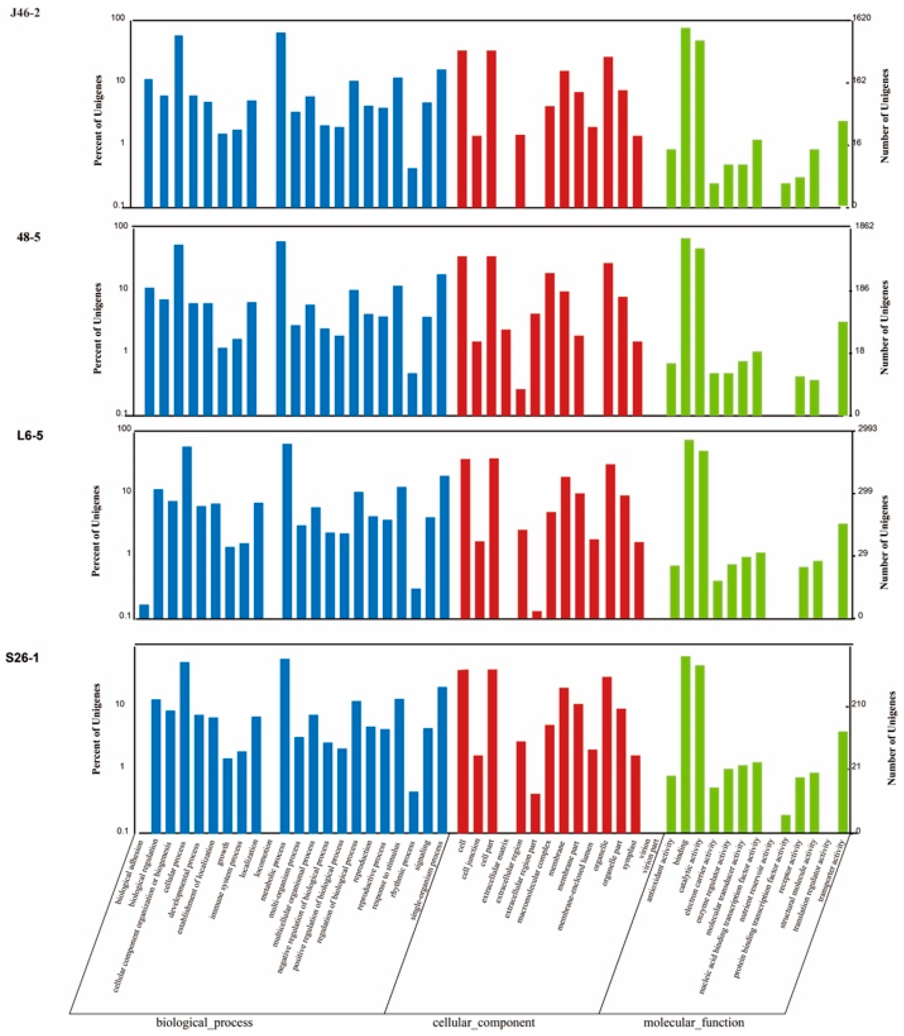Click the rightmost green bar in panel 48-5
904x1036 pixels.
click(843, 369)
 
